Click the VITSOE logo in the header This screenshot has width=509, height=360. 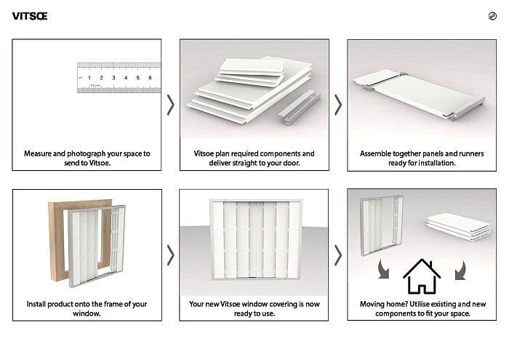click(30, 17)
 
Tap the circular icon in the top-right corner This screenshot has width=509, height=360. click(493, 17)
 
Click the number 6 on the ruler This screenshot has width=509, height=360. click(150, 78)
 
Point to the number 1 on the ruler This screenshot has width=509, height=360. click(89, 78)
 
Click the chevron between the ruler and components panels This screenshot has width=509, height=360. click(170, 105)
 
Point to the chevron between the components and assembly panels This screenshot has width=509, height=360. click(337, 105)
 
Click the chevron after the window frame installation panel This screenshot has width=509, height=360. click(170, 255)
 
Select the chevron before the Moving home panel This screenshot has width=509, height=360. click(337, 255)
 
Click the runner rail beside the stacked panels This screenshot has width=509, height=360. click(294, 109)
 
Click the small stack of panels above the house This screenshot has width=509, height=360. click(458, 226)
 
